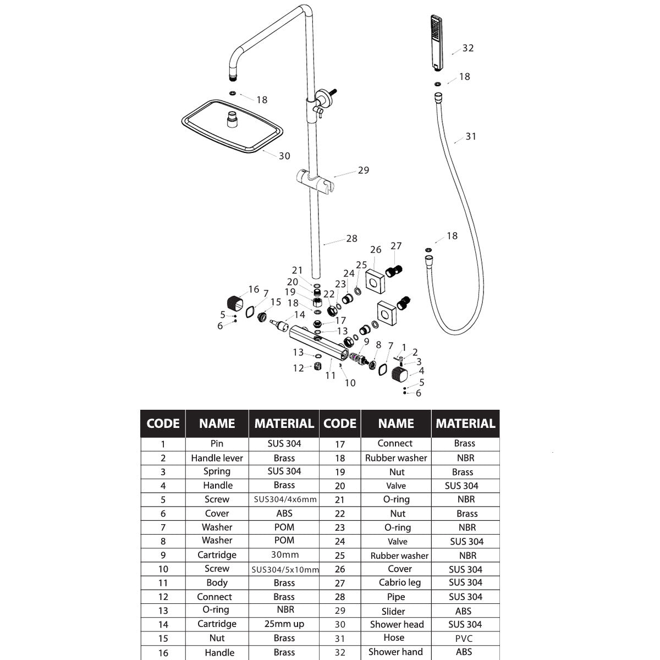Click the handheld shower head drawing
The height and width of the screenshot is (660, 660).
point(437,43)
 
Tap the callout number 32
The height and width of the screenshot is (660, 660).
point(468,48)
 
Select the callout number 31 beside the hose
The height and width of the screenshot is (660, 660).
point(471,136)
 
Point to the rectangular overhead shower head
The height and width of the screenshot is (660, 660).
point(232,127)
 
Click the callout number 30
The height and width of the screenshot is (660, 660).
point(284,156)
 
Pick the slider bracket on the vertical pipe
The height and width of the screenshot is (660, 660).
point(315,181)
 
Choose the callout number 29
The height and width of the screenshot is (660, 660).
point(364,170)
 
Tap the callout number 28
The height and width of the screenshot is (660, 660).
point(352,238)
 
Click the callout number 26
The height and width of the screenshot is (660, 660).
point(376,250)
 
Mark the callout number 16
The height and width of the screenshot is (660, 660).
point(254,289)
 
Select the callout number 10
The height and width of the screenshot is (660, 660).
point(350,383)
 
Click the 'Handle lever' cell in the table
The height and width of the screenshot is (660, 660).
point(217,458)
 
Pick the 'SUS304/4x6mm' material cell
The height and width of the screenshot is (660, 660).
point(285,499)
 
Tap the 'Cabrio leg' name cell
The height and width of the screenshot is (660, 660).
point(400,582)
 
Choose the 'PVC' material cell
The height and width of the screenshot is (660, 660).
point(464,639)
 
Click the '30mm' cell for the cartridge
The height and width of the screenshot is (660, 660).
point(284,554)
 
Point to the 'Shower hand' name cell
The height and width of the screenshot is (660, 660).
point(395,652)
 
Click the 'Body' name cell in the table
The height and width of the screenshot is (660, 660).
point(217,582)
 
